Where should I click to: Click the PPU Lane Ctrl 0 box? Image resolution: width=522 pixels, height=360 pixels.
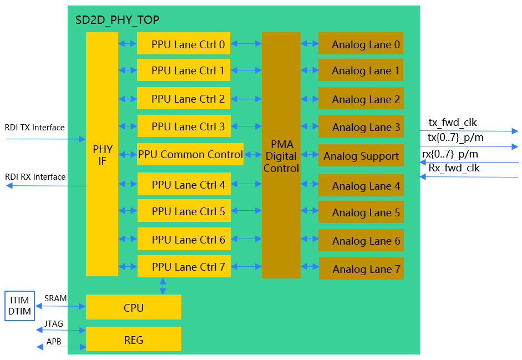pos(184,44)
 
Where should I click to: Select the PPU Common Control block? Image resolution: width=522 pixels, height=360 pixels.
pos(190,154)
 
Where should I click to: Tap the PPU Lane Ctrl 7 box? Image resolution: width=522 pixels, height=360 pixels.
pos(184,267)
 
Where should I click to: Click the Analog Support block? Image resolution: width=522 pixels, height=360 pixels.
pos(361,156)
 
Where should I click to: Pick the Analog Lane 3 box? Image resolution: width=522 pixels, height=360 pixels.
pos(361,127)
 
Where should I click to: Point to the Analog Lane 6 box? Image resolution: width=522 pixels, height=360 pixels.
pos(361,241)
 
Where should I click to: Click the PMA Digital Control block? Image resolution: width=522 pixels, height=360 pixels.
pos(281,155)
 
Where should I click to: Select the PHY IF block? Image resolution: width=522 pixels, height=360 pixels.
pos(102,154)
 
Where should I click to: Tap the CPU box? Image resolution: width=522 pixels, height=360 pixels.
pos(134,307)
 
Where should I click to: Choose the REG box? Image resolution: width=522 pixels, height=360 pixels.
pos(134,339)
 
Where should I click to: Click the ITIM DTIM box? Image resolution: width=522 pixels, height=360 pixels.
pos(19,306)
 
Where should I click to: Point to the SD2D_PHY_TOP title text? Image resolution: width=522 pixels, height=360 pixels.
pos(117,21)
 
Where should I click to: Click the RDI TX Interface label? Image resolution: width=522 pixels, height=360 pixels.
pos(34,128)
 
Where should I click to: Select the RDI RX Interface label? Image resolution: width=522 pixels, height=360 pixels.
pos(35,177)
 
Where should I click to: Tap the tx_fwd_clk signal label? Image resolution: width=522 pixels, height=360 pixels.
pos(453,123)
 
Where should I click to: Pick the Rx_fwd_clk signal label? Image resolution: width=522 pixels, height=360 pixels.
pos(454,168)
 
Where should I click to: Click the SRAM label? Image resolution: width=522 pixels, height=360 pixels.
pos(55,298)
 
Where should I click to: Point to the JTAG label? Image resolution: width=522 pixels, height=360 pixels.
pos(54,324)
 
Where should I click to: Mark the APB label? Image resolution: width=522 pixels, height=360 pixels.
pos(54,341)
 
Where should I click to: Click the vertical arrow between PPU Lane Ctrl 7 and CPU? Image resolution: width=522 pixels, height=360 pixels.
pos(163,286)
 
